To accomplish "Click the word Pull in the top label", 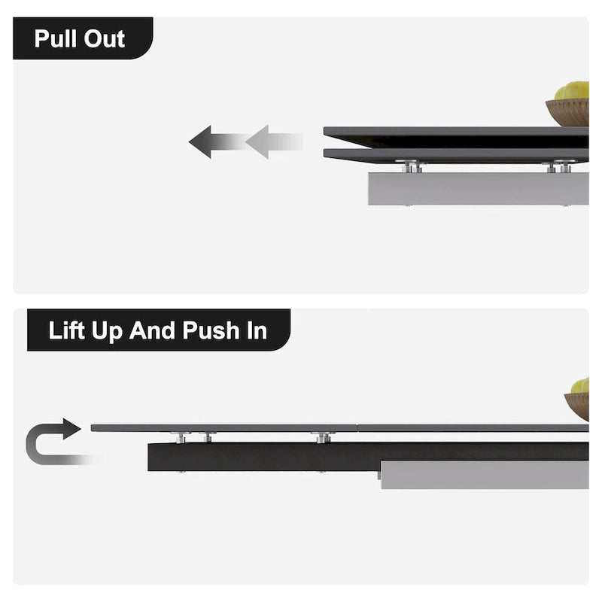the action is pos(56,39).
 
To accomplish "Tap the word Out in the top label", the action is pos(104,39).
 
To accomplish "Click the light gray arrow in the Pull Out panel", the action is pos(274,141).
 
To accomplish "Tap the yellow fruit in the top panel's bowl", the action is pos(572,90).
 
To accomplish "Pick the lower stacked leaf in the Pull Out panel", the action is pos(456,155).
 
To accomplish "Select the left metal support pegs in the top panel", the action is pos(411,166).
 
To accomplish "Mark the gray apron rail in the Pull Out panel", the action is pos(479,189).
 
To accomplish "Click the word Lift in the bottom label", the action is pos(66,330).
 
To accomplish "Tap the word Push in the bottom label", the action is pos(211,331).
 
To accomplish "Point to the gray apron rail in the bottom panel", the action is pos(485,475).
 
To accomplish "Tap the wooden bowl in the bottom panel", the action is pos(576,406).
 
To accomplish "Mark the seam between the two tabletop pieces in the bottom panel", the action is pos(357,427).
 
